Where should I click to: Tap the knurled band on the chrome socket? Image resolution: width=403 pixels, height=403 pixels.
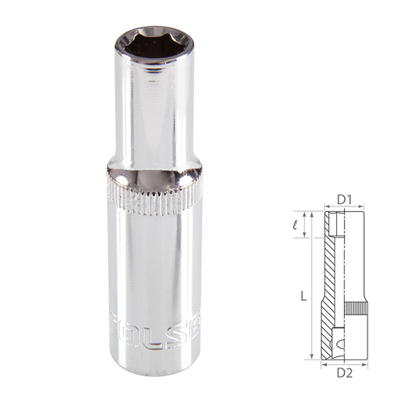point(153,197)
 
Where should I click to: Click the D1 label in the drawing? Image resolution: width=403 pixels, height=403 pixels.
point(345,198)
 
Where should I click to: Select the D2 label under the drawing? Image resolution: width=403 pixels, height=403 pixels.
point(345,372)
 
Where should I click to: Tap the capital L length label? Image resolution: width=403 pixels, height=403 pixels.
point(302,297)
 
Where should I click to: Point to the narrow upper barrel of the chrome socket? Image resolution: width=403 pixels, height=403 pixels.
point(153,113)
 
